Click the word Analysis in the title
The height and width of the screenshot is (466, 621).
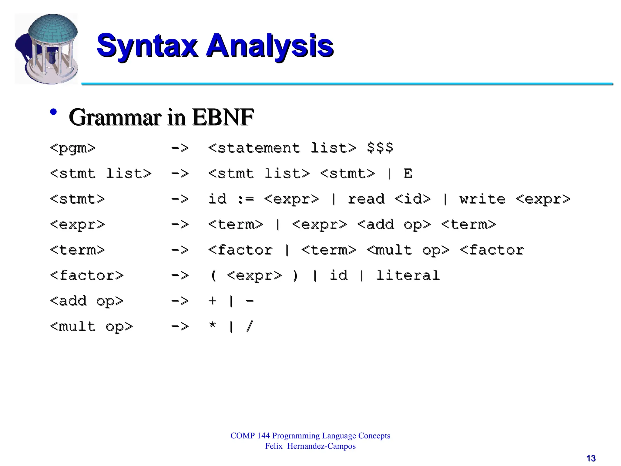[270, 46]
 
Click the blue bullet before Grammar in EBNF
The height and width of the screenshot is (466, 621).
[53, 112]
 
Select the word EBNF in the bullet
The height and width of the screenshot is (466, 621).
[223, 118]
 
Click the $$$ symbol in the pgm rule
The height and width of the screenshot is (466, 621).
[380, 148]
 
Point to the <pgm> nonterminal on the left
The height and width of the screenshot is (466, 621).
[73, 148]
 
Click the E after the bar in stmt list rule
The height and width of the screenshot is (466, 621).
[408, 174]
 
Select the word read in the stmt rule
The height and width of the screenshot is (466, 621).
[366, 199]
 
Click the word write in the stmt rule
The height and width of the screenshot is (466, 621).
[482, 199]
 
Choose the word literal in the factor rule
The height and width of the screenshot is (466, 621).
[408, 275]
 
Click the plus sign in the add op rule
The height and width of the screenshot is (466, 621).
[213, 301]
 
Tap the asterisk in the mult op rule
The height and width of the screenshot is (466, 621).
[213, 326]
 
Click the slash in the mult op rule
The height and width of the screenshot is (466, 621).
[250, 326]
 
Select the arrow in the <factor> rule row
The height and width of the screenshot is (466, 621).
[180, 275]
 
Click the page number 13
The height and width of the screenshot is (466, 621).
[591, 458]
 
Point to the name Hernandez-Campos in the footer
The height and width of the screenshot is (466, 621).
[321, 446]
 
